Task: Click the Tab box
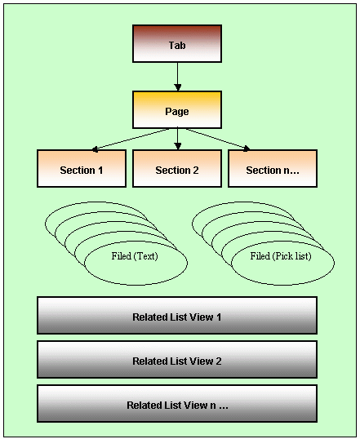pyautogui.click(x=177, y=44)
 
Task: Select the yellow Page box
pyautogui.click(x=177, y=109)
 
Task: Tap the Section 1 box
pyautogui.click(x=82, y=169)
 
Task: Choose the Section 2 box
pyautogui.click(x=177, y=169)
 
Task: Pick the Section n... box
pyautogui.click(x=273, y=169)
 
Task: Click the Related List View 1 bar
pyautogui.click(x=177, y=316)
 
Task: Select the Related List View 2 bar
pyautogui.click(x=177, y=360)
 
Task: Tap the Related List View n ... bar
pyautogui.click(x=177, y=403)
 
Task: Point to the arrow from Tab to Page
pyautogui.click(x=177, y=77)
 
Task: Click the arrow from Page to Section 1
pyautogui.click(x=131, y=140)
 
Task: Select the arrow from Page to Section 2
pyautogui.click(x=177, y=140)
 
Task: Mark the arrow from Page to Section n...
pyautogui.click(x=217, y=140)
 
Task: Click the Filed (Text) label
pyautogui.click(x=135, y=256)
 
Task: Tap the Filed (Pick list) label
pyautogui.click(x=281, y=256)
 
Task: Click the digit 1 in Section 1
pyautogui.click(x=100, y=171)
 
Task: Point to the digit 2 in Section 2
pyautogui.click(x=196, y=171)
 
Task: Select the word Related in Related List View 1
pyautogui.click(x=150, y=317)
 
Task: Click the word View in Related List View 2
pyautogui.click(x=202, y=361)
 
